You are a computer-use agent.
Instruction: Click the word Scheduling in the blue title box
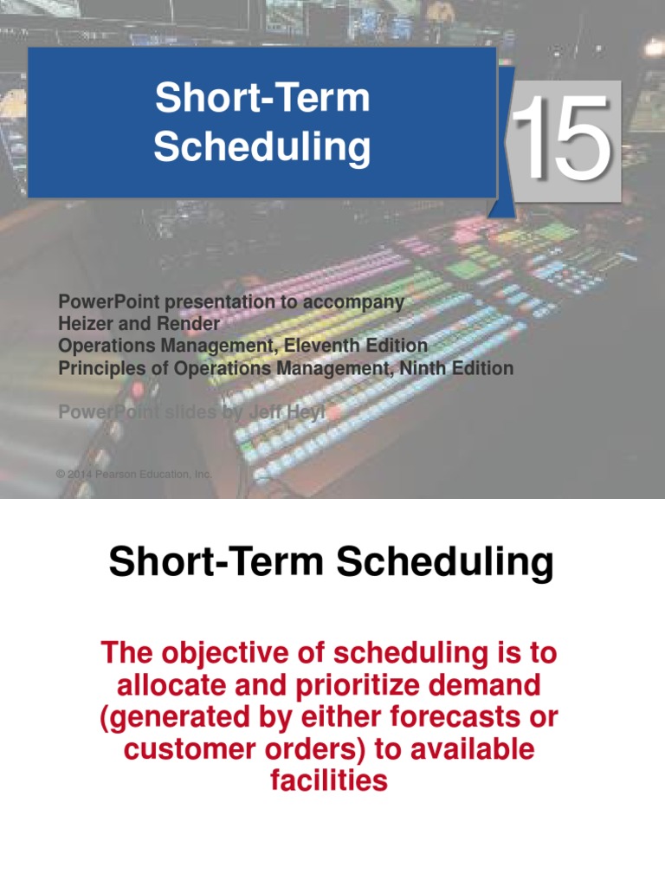pyautogui.click(x=262, y=147)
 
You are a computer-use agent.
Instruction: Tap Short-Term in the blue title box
pyautogui.click(x=262, y=98)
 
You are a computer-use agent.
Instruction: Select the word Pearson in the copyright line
pyautogui.click(x=119, y=474)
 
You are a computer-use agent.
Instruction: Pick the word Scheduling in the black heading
pyautogui.click(x=445, y=563)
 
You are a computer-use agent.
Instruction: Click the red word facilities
pyautogui.click(x=328, y=781)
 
